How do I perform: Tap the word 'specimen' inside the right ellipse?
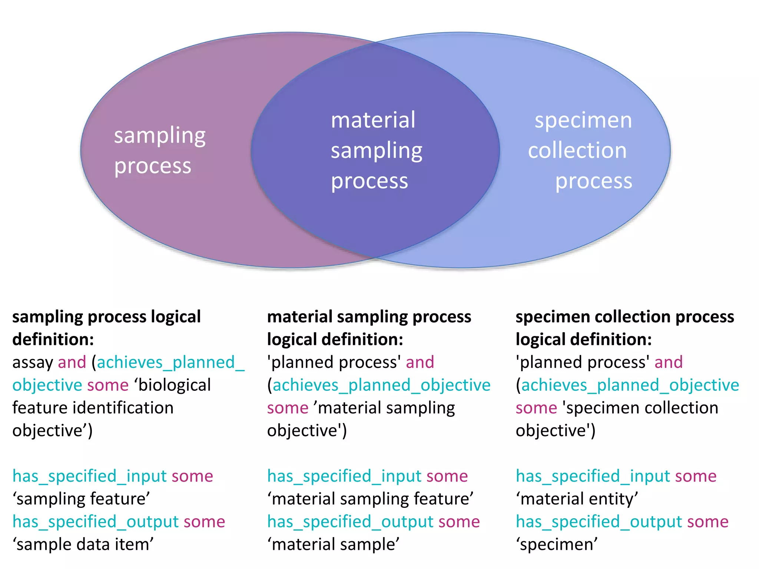pyautogui.click(x=583, y=121)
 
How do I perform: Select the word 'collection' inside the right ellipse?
pyautogui.click(x=577, y=151)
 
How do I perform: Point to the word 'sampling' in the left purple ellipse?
pyautogui.click(x=159, y=136)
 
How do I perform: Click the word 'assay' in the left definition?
pyautogui.click(x=33, y=362)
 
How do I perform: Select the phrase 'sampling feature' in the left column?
pyautogui.click(x=81, y=499)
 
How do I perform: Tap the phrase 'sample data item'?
pyautogui.click(x=83, y=545)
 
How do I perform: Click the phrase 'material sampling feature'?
pyautogui.click(x=370, y=499)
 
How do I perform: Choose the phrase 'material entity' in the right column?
pyautogui.click(x=577, y=499)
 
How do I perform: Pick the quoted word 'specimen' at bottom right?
pyautogui.click(x=557, y=545)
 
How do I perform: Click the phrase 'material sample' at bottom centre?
pyautogui.click(x=333, y=545)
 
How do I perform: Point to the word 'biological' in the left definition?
pyautogui.click(x=174, y=385)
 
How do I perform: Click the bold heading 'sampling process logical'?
pyautogui.click(x=106, y=317)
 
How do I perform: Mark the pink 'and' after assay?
pyautogui.click(x=72, y=362)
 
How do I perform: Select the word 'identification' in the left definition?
pyautogui.click(x=123, y=408)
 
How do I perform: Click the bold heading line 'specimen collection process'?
pyautogui.click(x=624, y=317)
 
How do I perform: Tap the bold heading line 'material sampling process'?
pyautogui.click(x=369, y=317)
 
